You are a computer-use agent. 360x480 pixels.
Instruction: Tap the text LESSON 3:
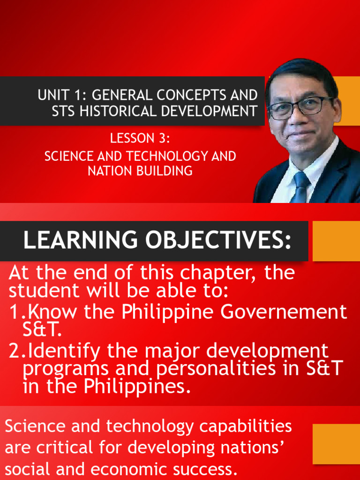tap(140, 138)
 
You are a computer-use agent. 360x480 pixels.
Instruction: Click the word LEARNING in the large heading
tap(81, 240)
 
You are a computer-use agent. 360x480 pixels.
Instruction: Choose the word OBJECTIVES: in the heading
tap(218, 240)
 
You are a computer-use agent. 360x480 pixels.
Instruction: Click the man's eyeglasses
tap(300, 108)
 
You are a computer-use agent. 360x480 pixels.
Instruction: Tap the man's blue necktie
tap(300, 187)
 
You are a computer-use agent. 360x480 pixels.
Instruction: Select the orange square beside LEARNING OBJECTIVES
tap(336, 241)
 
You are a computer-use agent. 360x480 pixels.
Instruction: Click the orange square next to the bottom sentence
tap(336, 444)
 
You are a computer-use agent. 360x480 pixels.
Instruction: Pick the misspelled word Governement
tap(284, 312)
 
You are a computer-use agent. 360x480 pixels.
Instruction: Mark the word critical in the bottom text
tap(65, 448)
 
